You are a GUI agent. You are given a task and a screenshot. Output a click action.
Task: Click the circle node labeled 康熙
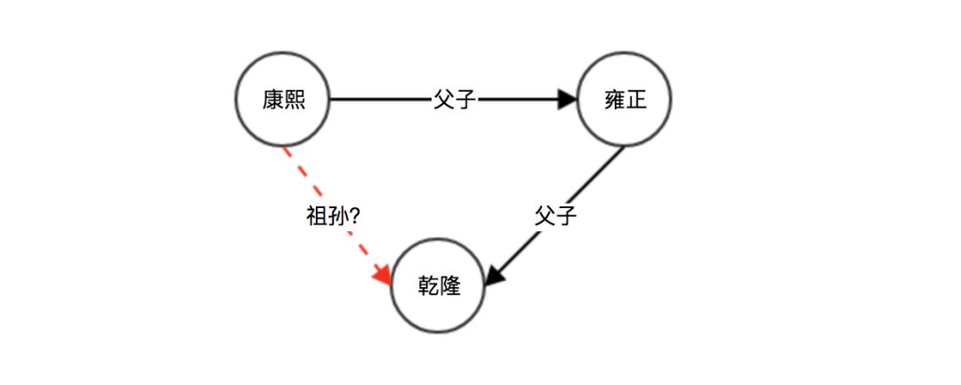pos(283,100)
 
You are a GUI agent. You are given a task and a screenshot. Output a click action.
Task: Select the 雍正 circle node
pos(625,100)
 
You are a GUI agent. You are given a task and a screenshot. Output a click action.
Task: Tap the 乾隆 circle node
pos(439,286)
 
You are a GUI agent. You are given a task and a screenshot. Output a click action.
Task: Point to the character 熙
pos(295,100)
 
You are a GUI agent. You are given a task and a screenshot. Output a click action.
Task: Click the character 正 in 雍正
pos(636,100)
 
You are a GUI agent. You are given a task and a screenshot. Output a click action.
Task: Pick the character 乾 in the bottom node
pos(428,286)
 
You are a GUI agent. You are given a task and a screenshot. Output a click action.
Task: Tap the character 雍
pos(614,100)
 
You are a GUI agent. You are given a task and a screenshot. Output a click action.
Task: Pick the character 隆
pos(450,286)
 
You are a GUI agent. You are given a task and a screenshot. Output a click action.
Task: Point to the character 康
pos(272,100)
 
